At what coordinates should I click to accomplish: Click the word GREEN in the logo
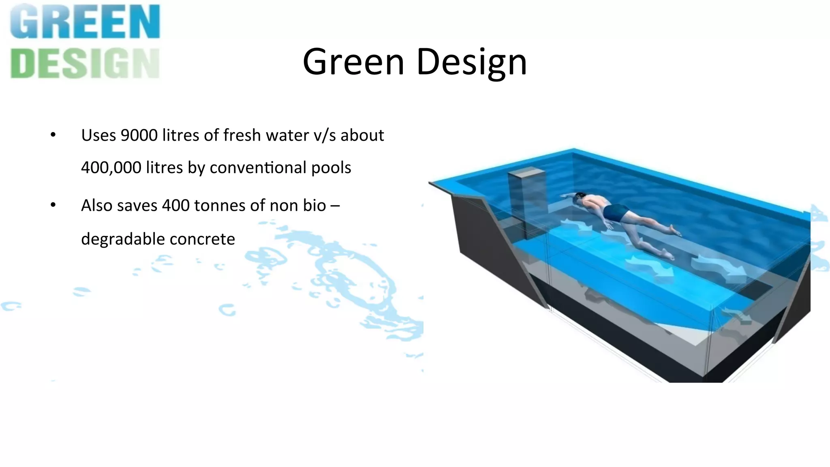coord(85,22)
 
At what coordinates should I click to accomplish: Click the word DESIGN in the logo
coord(85,63)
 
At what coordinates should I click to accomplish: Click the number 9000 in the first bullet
coord(139,135)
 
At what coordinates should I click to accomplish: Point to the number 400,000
coord(111,167)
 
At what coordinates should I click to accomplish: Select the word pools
coord(331,168)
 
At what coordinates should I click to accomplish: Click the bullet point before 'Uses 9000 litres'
coord(53,135)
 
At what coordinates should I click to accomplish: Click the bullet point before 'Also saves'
coord(53,205)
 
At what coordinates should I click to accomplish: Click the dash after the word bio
coord(335,206)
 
